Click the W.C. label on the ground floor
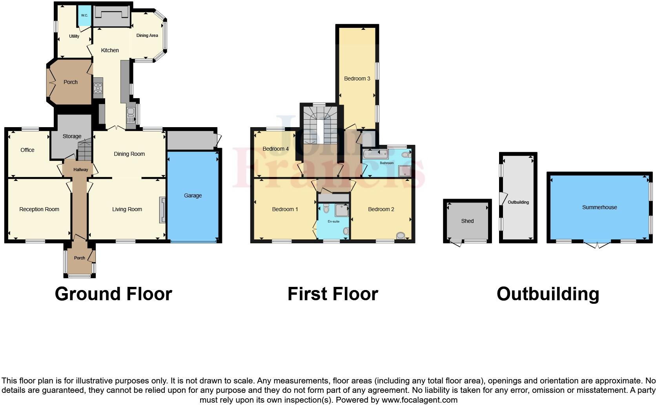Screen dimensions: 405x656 (x=84, y=15)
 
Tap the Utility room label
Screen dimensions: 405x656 (x=74, y=36)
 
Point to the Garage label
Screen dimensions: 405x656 (x=193, y=195)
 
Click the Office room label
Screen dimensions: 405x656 (x=27, y=150)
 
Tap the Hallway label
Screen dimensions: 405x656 (x=81, y=170)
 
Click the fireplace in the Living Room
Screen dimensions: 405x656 (x=162, y=210)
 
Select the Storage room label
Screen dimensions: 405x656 (x=72, y=136)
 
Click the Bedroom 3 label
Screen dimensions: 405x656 (x=357, y=78)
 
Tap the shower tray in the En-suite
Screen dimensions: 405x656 (x=342, y=210)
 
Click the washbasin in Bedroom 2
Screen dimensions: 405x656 (x=401, y=235)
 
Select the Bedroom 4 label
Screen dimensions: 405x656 (x=275, y=149)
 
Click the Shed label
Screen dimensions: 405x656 (x=467, y=221)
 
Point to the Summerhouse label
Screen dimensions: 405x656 (x=600, y=207)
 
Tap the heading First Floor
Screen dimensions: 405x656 (x=333, y=294)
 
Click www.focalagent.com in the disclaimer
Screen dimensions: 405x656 (x=419, y=400)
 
